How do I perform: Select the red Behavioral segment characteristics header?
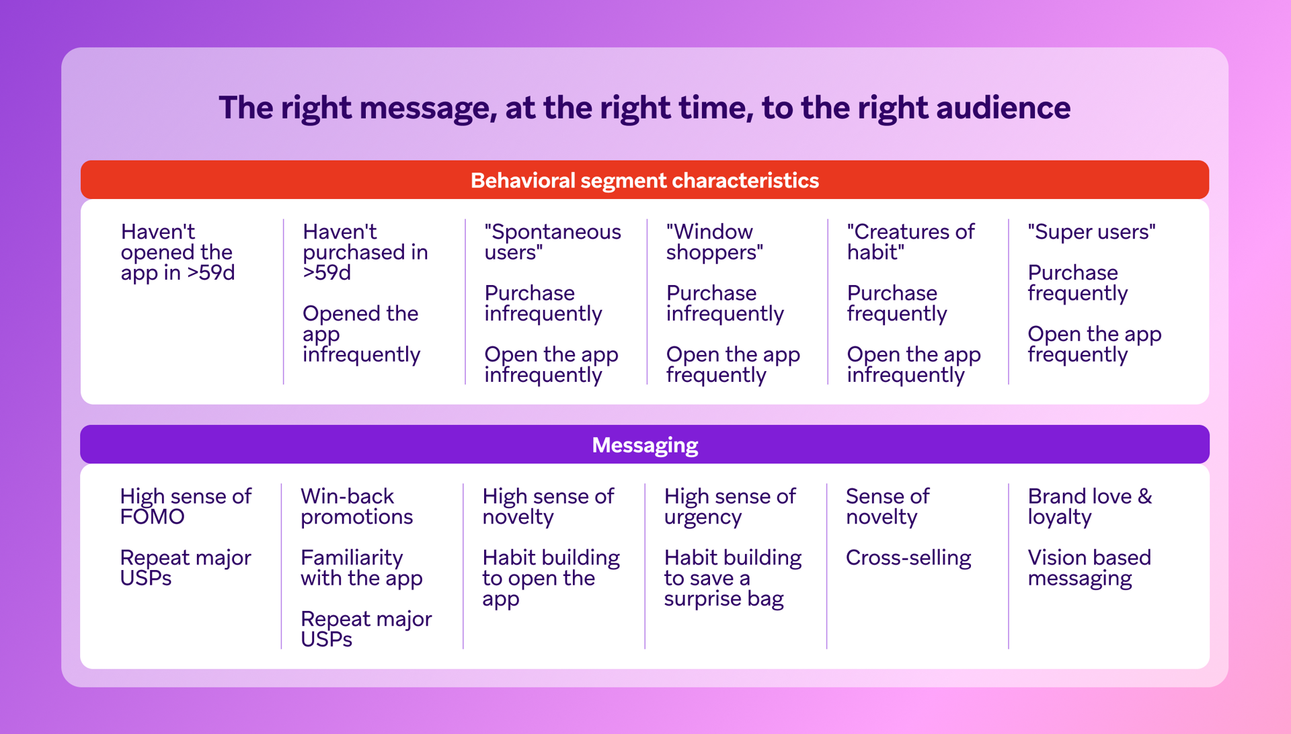click(644, 180)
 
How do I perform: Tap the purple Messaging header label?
click(644, 445)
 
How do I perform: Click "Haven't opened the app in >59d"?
click(178, 252)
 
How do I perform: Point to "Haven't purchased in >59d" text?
click(364, 252)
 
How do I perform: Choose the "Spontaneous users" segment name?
click(552, 242)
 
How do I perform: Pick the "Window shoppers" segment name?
click(714, 242)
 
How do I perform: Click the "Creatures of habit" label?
click(910, 242)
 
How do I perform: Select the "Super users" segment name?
click(1091, 232)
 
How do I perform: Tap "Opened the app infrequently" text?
click(361, 334)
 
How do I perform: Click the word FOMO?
click(152, 517)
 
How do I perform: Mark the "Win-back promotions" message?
click(356, 507)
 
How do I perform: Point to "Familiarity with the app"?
click(361, 568)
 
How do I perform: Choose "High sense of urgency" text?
click(730, 507)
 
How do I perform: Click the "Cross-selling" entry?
click(908, 558)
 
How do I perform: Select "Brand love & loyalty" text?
click(1089, 507)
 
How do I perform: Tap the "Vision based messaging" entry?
click(1089, 568)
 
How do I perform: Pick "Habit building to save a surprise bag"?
click(732, 578)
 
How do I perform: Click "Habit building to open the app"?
click(551, 578)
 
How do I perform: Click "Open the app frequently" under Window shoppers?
click(733, 364)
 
